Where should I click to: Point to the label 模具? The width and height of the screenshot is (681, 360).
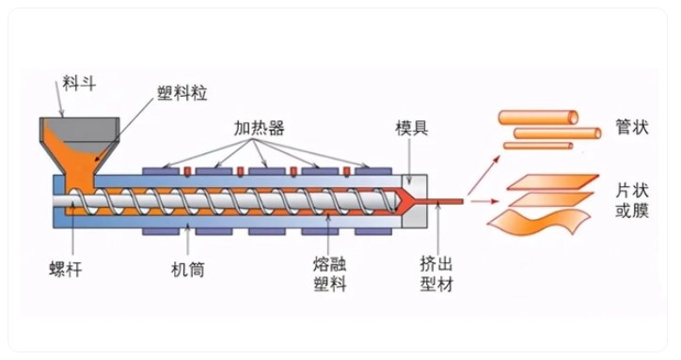(411, 127)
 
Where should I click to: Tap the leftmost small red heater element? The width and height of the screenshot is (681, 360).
(187, 170)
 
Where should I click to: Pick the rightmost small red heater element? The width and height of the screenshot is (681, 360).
(347, 170)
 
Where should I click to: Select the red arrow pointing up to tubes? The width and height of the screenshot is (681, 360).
(483, 171)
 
